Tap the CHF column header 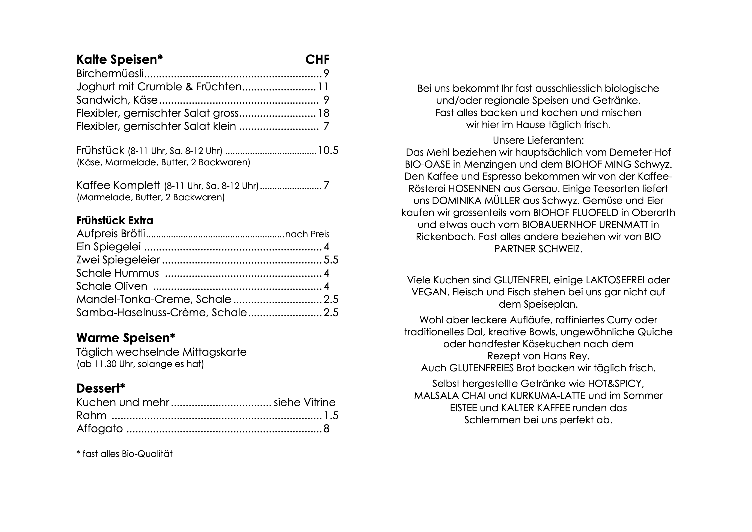pos(317,60)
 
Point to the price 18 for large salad pos(324,113)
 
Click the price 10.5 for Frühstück pos(328,151)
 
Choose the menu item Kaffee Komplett pos(119,185)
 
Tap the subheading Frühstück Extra pos(115,221)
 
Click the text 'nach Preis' pos(307,234)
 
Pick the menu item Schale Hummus pos(118,273)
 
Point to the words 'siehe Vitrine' pos(305,402)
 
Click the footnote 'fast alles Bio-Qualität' pos(127,454)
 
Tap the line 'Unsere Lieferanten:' pos(538,141)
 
